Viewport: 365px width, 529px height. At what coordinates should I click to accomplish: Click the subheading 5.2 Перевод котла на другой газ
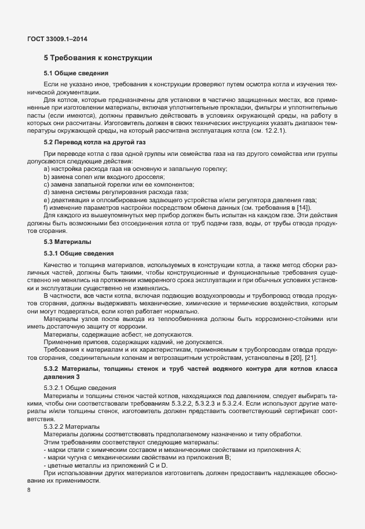93,141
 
